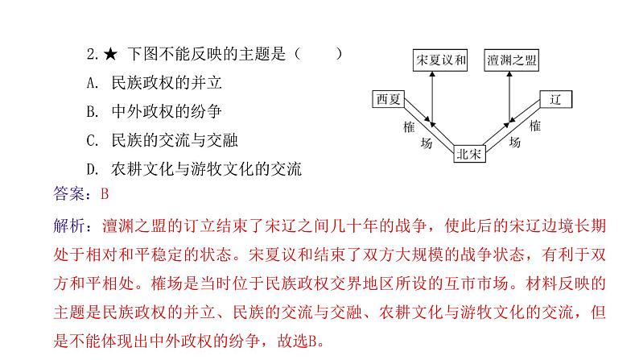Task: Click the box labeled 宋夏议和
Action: pos(441,60)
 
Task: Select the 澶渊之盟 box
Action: pos(512,60)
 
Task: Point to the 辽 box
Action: pos(554,100)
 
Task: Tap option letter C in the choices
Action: pos(92,141)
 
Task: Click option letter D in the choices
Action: pos(92,170)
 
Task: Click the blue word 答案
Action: pos(68,193)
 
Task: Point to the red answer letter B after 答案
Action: pos(103,193)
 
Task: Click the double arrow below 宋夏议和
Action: pos(432,97)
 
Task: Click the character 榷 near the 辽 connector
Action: pos(535,126)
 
